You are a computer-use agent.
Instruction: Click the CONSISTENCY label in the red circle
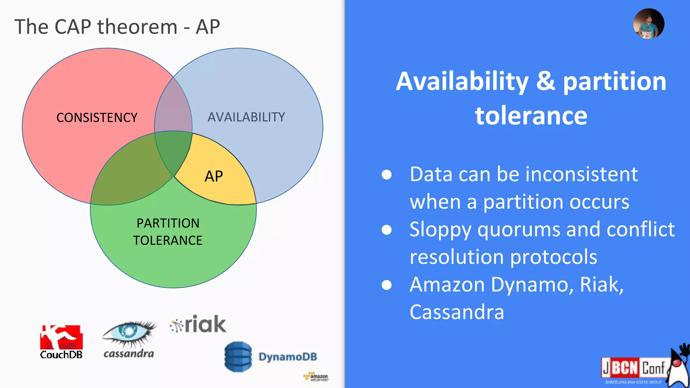tap(97, 118)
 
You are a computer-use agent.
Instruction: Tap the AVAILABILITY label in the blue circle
tap(246, 117)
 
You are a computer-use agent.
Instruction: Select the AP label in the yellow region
tap(214, 176)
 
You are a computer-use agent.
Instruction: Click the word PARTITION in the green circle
tap(168, 223)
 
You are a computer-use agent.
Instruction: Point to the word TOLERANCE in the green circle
tap(167, 240)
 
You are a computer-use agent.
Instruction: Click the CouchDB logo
tap(61, 342)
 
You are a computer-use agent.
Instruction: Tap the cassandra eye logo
tap(129, 333)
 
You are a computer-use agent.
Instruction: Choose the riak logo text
tap(205, 324)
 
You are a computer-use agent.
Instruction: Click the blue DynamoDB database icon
tap(238, 357)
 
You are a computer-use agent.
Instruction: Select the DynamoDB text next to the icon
tap(288, 357)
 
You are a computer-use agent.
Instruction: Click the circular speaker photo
tap(649, 24)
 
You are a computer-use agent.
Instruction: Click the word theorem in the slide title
tap(137, 27)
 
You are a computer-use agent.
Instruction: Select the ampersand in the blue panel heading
tap(545, 82)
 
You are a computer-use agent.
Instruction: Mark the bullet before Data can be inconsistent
tap(386, 174)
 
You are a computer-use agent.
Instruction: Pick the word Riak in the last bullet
tap(601, 285)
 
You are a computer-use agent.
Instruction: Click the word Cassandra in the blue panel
tap(457, 312)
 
